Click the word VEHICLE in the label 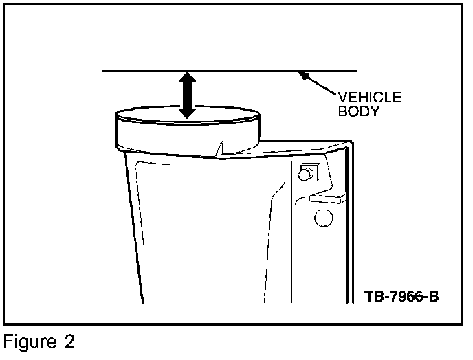click(369, 98)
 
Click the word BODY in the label click(357, 111)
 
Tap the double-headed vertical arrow click(186, 94)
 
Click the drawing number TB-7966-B click(402, 298)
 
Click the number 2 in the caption click(68, 341)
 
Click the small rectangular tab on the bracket click(327, 198)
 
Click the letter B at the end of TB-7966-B click(434, 298)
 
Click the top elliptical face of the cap click(186, 113)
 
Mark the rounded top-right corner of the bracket click(348, 146)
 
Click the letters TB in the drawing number click(374, 298)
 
